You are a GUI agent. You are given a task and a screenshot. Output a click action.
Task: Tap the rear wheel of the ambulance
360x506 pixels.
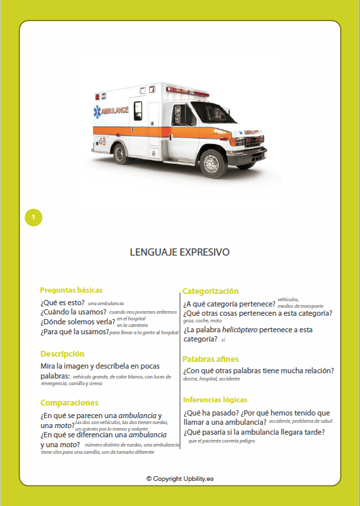tap(122, 153)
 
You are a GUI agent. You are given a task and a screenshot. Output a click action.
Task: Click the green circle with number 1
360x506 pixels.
tap(33, 217)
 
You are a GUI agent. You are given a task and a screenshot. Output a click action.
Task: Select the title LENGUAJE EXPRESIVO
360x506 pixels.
tap(180, 252)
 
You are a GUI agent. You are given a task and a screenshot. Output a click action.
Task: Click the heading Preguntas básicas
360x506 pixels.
tap(71, 290)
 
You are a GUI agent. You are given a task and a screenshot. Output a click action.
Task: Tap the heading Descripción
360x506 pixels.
tap(62, 353)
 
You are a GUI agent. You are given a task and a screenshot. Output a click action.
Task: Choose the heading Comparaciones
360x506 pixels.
tap(69, 402)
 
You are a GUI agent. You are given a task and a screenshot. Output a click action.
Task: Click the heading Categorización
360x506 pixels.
tap(210, 291)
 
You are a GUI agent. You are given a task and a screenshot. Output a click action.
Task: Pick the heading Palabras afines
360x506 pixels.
tap(211, 359)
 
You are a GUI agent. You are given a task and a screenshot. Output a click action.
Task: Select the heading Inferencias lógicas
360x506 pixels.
tap(215, 400)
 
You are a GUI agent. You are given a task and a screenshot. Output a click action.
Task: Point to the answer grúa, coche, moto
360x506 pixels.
tap(202, 320)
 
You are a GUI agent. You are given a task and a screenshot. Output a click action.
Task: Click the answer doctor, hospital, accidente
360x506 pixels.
tap(211, 379)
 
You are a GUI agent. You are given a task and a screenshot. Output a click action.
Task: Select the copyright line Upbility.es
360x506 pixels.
tap(180, 478)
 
